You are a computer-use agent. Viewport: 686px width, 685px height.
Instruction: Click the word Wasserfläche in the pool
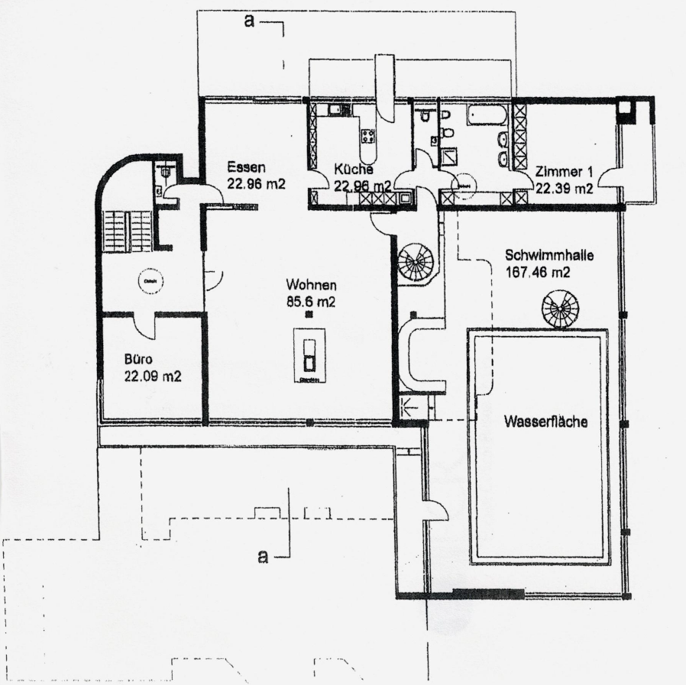click(545, 421)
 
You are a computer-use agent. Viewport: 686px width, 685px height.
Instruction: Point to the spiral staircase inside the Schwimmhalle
click(560, 310)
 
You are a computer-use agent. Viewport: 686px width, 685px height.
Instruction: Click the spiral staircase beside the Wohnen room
click(417, 263)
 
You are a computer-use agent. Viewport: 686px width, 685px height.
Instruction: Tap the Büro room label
click(140, 360)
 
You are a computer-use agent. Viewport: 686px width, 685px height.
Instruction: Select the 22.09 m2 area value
click(153, 376)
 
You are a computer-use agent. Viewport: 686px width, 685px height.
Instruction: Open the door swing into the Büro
click(146, 326)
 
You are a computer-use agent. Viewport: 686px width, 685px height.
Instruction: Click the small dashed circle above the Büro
click(147, 282)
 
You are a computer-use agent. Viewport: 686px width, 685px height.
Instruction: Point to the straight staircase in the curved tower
click(128, 228)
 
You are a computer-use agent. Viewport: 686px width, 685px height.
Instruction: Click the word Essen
click(245, 168)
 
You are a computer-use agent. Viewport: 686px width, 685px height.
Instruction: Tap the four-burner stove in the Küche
click(367, 137)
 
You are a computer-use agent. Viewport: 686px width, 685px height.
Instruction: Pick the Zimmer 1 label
click(563, 172)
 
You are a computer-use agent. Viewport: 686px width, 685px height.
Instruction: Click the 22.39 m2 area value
click(564, 189)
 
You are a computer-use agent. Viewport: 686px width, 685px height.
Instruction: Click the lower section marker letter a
click(262, 557)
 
